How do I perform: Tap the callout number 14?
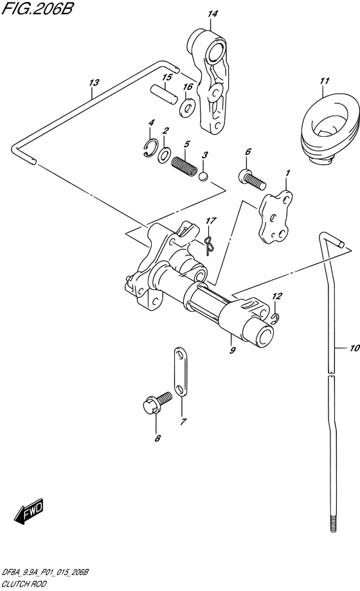212,14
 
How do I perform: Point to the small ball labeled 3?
203,176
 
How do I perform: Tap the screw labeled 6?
253,179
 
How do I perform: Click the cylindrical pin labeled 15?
163,94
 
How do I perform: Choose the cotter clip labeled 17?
210,244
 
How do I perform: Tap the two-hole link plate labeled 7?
181,372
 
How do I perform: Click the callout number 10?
354,348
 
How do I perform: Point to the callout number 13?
94,82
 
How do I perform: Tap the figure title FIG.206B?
37,8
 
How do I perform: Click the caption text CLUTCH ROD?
24,583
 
